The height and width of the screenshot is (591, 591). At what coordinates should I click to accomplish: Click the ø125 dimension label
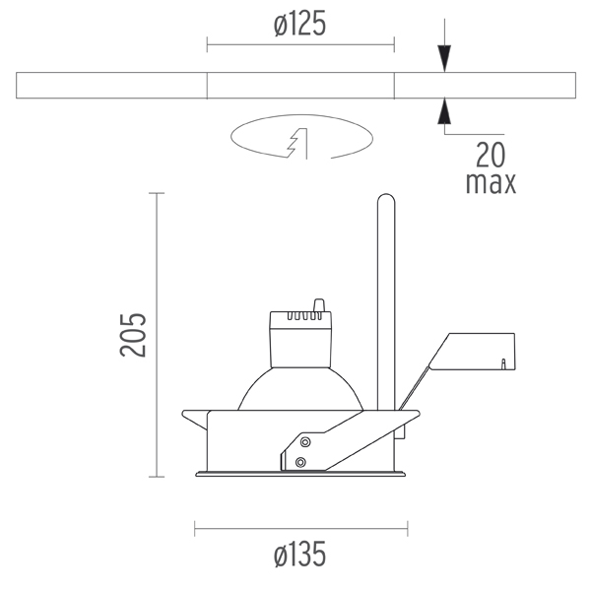coord(299,24)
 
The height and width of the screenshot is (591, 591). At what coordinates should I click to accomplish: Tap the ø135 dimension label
coord(299,554)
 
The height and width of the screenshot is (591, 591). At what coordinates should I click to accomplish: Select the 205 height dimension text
coord(132,335)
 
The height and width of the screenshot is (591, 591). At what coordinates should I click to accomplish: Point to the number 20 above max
coord(491,155)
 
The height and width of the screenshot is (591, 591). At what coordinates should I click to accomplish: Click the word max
coord(491,183)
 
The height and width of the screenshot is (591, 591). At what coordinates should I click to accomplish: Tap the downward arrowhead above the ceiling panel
coord(444,58)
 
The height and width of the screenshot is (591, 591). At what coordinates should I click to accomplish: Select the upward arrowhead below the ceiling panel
coord(444,110)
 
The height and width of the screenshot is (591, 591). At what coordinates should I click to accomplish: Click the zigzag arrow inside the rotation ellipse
coord(298,143)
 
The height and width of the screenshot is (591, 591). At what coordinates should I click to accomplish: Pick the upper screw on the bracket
coord(305,441)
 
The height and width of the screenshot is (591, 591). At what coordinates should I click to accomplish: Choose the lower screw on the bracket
coord(300,462)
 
